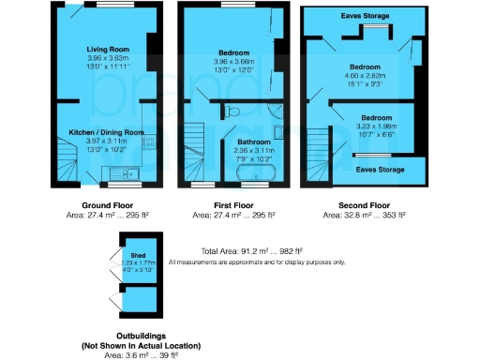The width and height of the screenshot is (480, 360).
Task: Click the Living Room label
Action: coord(108,48)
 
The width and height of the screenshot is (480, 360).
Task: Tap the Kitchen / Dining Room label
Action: coord(108,132)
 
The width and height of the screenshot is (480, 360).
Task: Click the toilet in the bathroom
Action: coord(233,112)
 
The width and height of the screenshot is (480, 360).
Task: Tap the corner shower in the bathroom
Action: coord(277,113)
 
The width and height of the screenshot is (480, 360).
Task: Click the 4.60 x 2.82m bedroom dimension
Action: coord(365,77)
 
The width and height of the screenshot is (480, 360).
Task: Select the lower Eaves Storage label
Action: coord(380,170)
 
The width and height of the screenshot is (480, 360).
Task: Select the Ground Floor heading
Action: coord(108,203)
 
